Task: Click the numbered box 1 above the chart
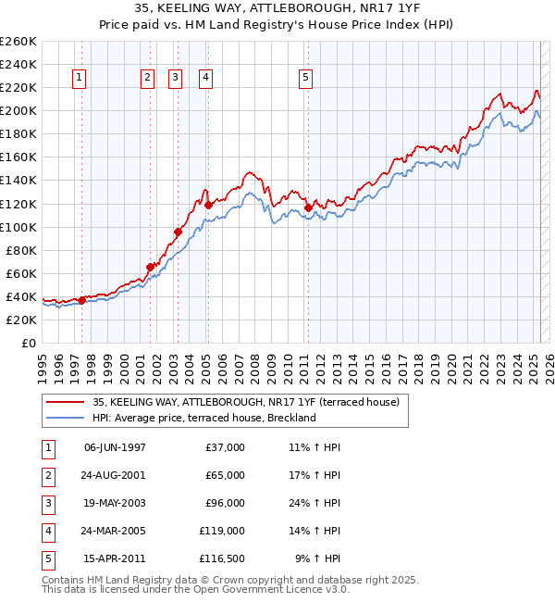(x=80, y=79)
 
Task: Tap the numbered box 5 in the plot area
(x=305, y=79)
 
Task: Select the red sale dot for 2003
(x=177, y=232)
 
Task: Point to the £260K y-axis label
(x=18, y=42)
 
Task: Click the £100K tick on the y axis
(x=18, y=227)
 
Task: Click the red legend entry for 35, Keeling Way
(x=245, y=402)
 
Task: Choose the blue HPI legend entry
(x=203, y=418)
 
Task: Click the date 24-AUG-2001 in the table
(x=115, y=475)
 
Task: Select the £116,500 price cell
(x=222, y=558)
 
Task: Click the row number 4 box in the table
(x=47, y=531)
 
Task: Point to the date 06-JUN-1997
(x=115, y=447)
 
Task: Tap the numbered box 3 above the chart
(x=175, y=79)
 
